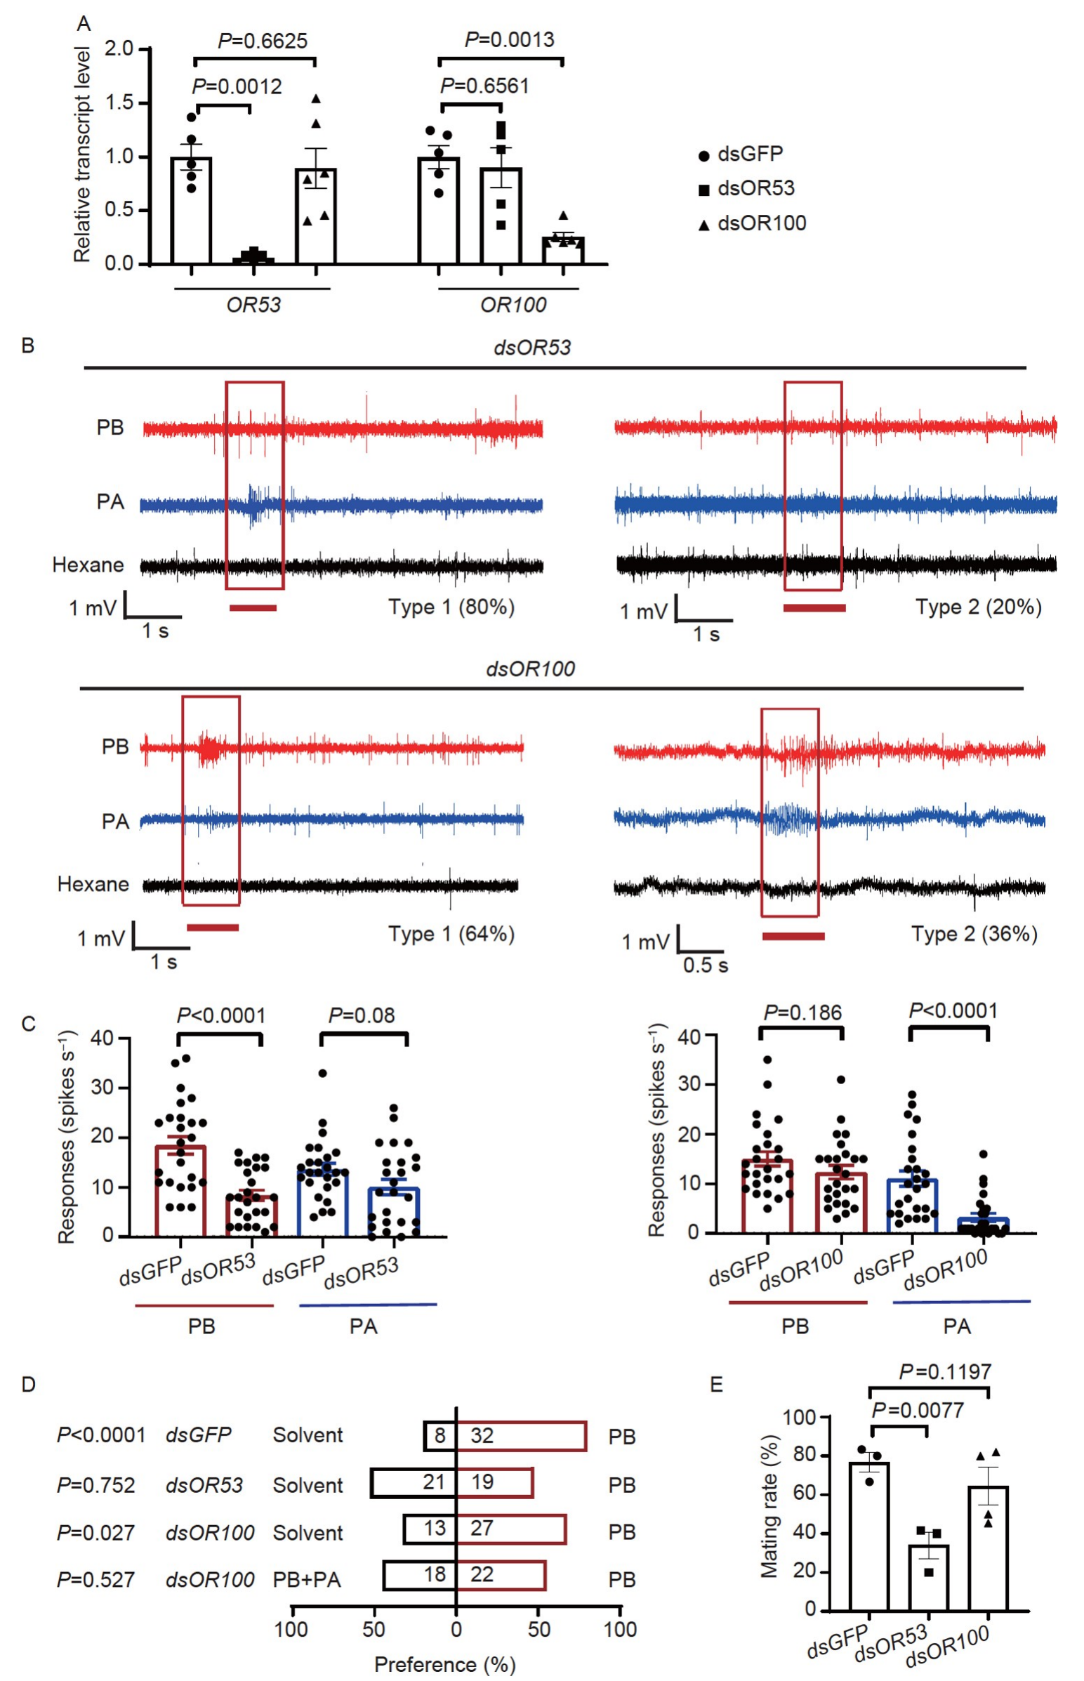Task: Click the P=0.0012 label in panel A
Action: click(x=237, y=86)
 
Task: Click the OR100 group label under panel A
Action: click(x=513, y=305)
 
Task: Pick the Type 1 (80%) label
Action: click(x=451, y=607)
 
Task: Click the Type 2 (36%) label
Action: click(x=974, y=934)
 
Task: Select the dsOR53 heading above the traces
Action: click(x=532, y=347)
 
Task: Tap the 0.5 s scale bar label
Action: click(x=706, y=964)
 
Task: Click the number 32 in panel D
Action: click(x=482, y=1435)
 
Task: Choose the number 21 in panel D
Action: click(x=434, y=1482)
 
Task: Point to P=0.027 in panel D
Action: click(x=95, y=1532)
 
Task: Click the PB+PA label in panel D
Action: click(x=307, y=1580)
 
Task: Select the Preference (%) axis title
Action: click(x=445, y=1664)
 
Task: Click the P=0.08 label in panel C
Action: click(x=362, y=1015)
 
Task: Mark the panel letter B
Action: click(x=28, y=345)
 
